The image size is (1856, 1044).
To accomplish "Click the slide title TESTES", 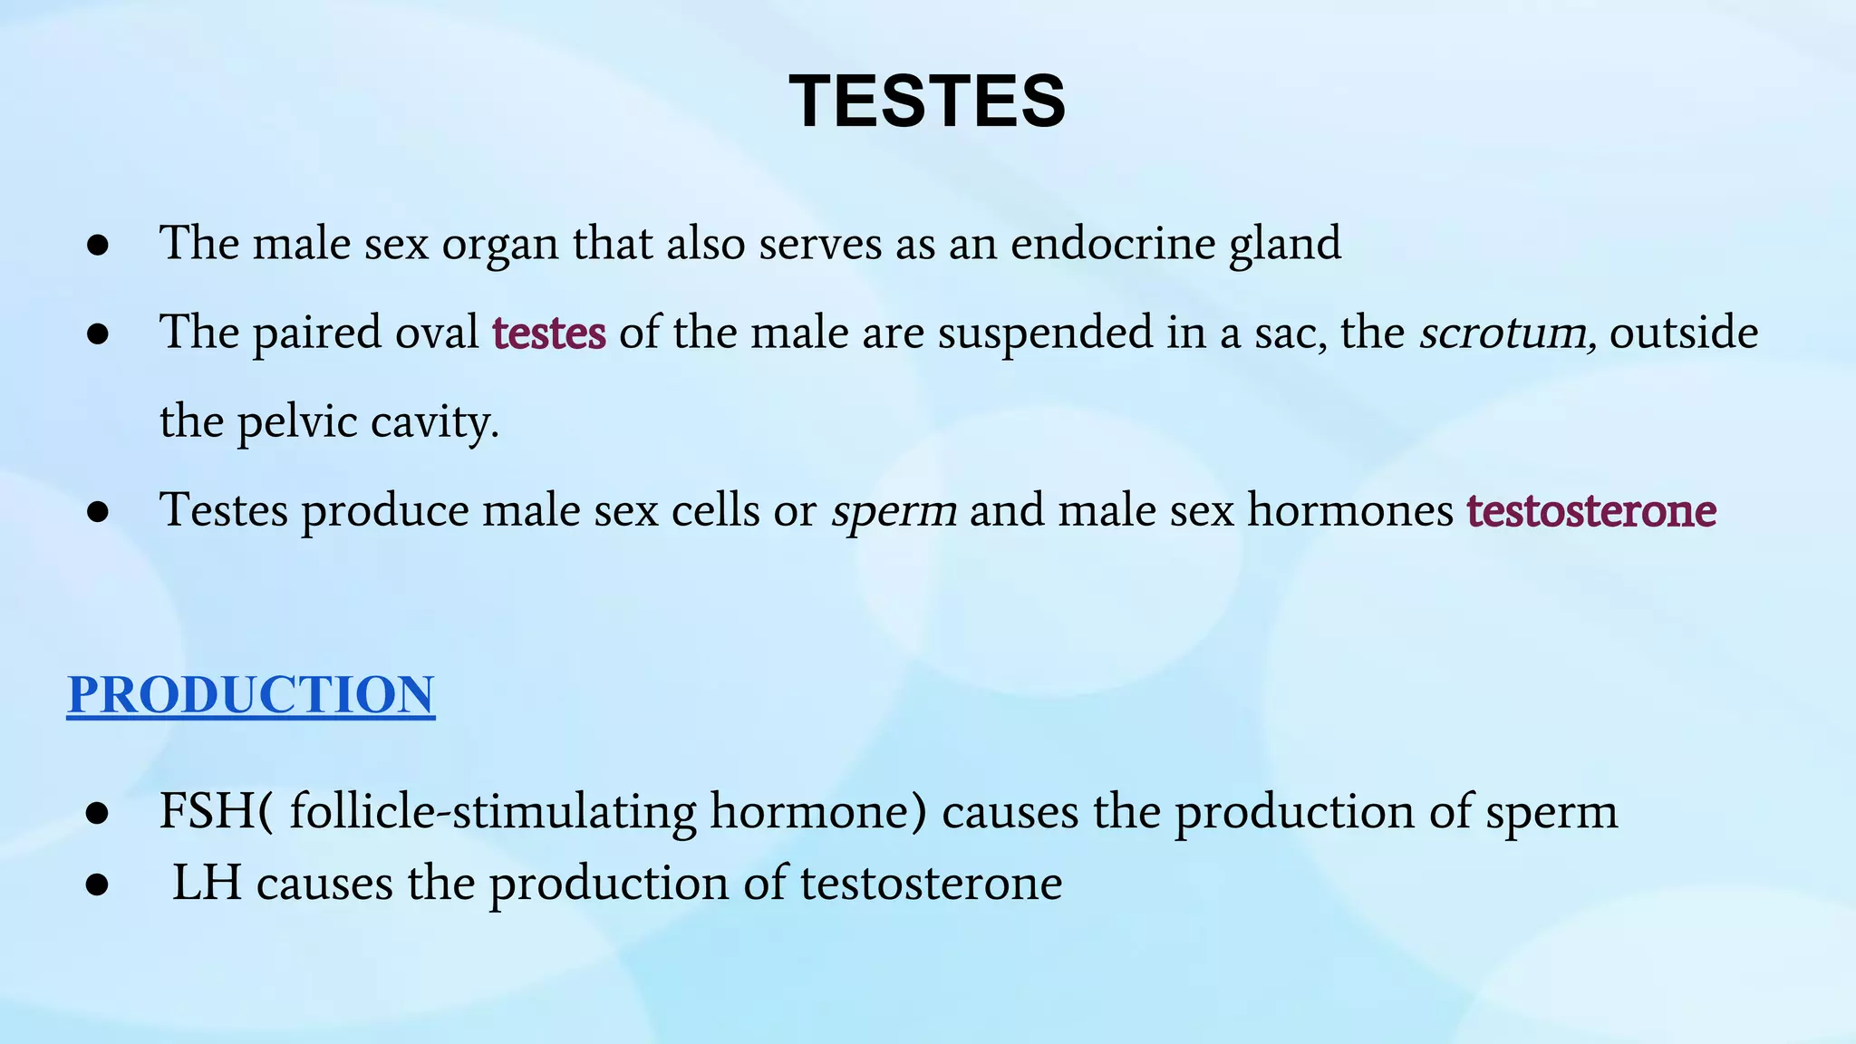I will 927,101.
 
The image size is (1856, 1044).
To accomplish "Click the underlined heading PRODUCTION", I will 251,695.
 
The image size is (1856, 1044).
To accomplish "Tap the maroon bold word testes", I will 549,333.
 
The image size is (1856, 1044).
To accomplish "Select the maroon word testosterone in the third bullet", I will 1591,510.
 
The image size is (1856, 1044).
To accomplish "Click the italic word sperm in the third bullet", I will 894,510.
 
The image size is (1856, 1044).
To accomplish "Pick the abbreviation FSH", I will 208,811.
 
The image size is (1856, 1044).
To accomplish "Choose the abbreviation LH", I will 208,883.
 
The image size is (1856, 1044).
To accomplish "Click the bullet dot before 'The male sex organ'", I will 98,246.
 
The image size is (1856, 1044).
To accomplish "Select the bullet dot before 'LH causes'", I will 98,885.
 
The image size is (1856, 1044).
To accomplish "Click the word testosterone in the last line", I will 931,883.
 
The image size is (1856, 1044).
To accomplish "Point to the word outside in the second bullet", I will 1684,333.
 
